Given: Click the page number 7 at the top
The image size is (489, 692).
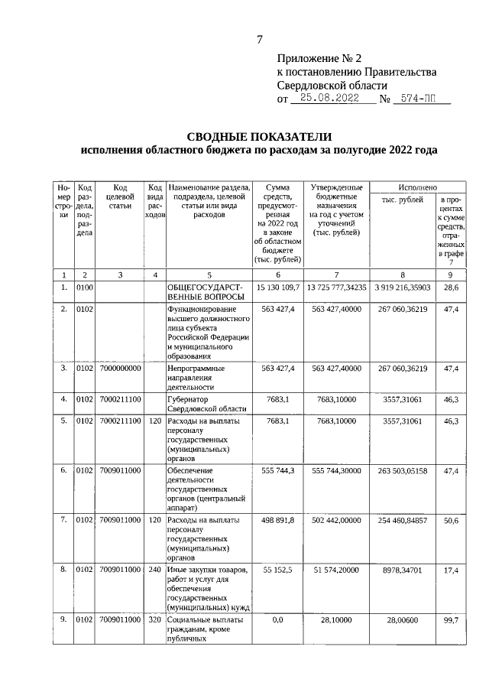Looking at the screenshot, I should [259, 41].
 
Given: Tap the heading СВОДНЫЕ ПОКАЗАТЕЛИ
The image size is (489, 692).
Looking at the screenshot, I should [259, 136].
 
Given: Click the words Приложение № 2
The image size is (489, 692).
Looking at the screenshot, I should [318, 57].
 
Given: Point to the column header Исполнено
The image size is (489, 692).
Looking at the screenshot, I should [417, 187].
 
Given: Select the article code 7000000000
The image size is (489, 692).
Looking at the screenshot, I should [120, 369].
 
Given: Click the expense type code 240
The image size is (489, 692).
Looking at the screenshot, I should [155, 570].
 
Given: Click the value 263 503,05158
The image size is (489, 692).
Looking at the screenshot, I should [402, 470].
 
